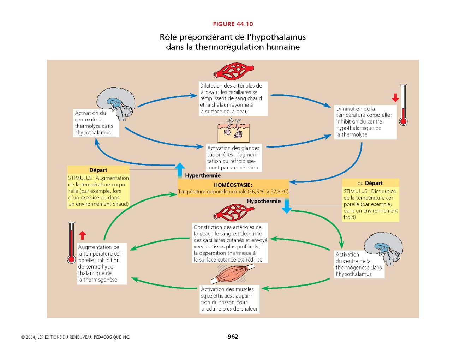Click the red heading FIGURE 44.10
(x=233, y=24)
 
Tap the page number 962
(x=233, y=337)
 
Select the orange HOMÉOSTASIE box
(x=233, y=188)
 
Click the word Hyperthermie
(x=203, y=175)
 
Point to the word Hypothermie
(x=264, y=201)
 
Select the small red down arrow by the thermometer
(x=395, y=98)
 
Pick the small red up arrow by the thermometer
(x=82, y=235)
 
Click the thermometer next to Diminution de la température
(x=403, y=105)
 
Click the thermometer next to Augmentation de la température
(x=71, y=243)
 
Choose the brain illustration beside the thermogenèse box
(x=383, y=247)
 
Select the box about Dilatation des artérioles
(x=233, y=98)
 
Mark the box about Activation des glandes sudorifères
(x=234, y=158)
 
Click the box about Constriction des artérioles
(x=230, y=243)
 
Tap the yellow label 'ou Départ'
(x=370, y=183)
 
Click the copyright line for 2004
(x=76, y=337)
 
